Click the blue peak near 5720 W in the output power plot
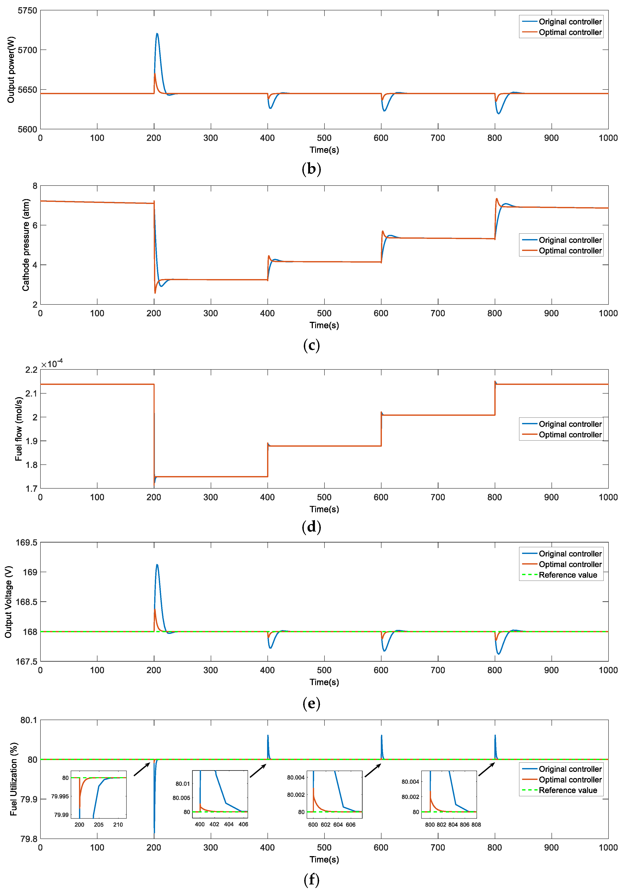157,34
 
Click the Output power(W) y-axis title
11,70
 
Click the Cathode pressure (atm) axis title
26,245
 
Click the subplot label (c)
311,345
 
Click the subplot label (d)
311,527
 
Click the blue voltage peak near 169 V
157,565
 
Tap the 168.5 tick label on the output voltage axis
26,602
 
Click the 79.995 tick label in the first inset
60,796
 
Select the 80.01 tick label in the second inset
183,784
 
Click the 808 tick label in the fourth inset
476,825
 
